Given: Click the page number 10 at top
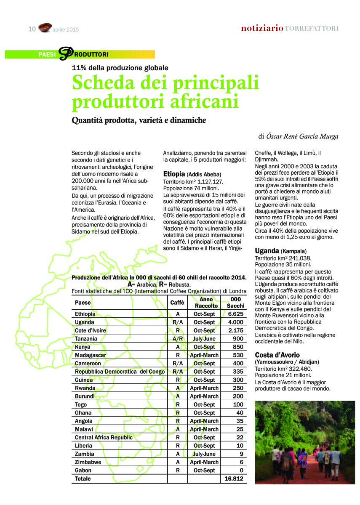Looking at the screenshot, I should pos(32,29).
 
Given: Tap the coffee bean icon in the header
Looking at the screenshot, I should pos(45,28).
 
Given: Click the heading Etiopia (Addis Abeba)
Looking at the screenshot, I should pos(192,174).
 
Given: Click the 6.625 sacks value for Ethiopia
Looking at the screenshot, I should pos(236,314).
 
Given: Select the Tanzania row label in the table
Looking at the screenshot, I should pos(86,339).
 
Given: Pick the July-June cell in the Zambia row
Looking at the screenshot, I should pos(204,454).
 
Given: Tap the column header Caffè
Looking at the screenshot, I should pos(177,303).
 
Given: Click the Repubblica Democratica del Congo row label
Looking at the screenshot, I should pos(120,372).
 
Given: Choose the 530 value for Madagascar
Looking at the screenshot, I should pos(238,355).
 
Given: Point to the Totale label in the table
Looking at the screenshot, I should pos(83,478).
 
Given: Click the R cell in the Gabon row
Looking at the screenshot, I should pos(178,470).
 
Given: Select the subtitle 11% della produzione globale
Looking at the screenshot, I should pos(120,67).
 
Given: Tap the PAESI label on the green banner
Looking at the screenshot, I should pos(47,55).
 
